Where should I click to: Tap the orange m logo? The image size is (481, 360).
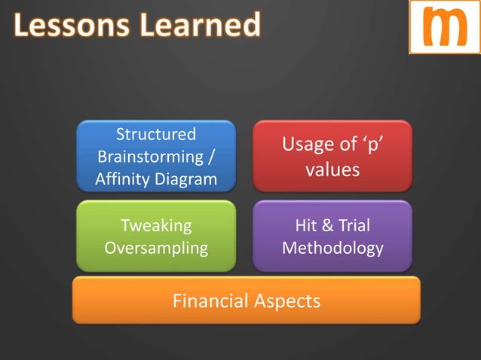point(444,27)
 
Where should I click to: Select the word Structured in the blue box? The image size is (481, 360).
point(155,135)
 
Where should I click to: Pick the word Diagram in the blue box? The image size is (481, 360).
point(188,180)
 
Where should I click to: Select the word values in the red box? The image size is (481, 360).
point(332,171)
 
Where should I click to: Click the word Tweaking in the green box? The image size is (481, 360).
point(156,225)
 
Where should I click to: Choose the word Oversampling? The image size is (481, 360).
point(156,248)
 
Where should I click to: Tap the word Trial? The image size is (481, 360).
point(354,225)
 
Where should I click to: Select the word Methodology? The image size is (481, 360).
point(332,248)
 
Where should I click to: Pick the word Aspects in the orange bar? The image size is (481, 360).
point(290,301)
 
